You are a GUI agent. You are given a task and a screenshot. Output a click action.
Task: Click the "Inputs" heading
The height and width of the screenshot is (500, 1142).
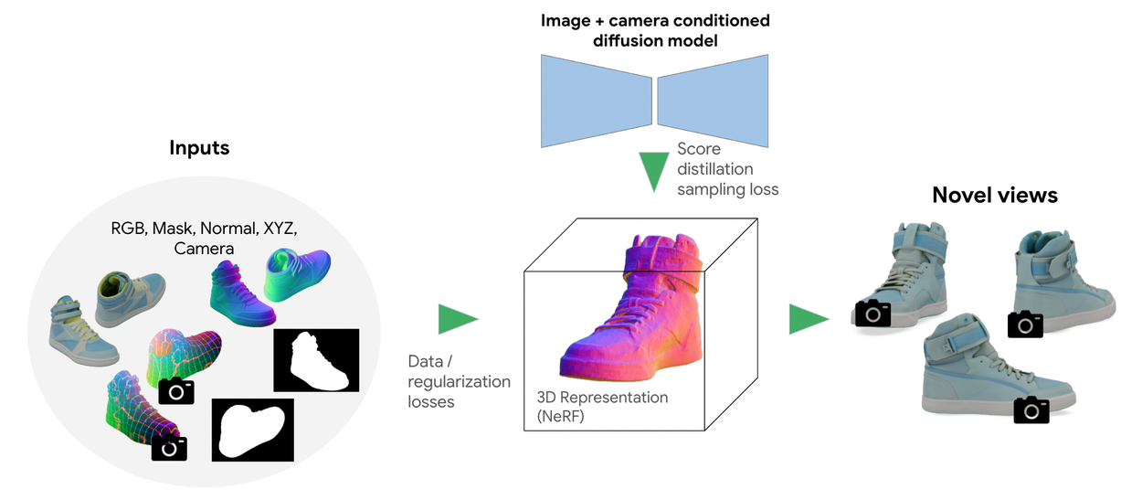[198, 147]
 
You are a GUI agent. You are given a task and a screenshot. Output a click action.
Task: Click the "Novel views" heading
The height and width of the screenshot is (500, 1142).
[994, 195]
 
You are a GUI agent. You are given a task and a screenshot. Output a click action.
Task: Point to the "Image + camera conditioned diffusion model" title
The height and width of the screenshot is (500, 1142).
[655, 29]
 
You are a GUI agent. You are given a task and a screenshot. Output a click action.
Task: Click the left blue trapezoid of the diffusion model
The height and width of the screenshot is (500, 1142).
[595, 100]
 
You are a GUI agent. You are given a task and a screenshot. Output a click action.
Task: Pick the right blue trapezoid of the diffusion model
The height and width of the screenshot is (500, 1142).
[714, 100]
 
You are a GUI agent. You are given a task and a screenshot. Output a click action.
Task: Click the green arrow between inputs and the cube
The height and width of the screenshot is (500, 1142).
[457, 318]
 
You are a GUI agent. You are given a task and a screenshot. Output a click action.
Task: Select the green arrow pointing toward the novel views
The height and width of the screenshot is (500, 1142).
[808, 318]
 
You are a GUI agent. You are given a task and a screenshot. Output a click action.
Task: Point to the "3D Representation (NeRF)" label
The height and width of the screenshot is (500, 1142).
[602, 407]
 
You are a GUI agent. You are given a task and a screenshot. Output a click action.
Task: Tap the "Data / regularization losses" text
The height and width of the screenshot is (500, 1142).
[459, 380]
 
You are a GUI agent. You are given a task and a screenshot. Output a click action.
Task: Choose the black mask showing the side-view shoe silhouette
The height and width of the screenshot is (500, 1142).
[316, 360]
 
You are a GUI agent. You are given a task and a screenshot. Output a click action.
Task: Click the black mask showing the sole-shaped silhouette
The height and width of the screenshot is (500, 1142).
[253, 430]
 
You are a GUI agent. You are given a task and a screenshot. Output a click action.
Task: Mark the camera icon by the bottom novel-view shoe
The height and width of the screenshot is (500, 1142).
[1031, 410]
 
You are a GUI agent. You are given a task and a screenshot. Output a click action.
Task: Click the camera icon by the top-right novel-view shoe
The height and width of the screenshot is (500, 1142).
[1025, 324]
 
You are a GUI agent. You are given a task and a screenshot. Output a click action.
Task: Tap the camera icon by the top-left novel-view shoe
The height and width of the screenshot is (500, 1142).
[872, 314]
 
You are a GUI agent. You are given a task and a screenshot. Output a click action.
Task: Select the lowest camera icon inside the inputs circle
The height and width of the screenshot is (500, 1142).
[169, 447]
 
